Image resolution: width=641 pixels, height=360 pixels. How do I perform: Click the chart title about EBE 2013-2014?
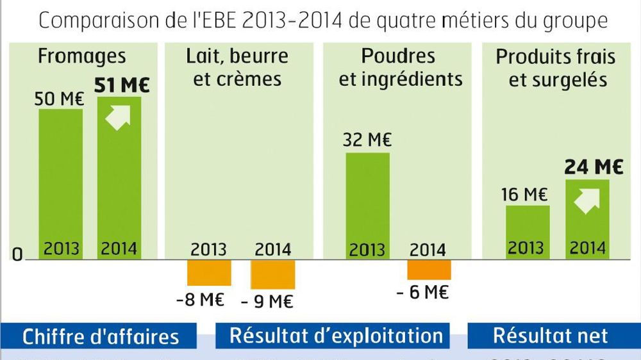323,20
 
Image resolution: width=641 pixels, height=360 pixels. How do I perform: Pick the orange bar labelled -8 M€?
209,272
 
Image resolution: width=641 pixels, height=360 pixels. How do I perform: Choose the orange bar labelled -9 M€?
272,274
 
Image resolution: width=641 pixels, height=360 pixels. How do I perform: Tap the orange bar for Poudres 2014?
429,270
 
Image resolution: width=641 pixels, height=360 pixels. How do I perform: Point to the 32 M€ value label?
367,140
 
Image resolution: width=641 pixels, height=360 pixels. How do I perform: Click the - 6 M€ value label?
422,293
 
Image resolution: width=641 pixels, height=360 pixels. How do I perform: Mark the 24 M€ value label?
594,167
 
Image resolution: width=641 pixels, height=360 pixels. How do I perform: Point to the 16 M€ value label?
524,194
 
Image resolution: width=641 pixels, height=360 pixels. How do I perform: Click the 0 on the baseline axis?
17,255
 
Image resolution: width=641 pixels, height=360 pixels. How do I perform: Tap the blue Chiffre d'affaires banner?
101,336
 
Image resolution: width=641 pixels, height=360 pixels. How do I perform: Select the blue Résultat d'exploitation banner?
336,336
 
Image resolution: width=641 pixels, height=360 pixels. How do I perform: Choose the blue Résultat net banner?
550,336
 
